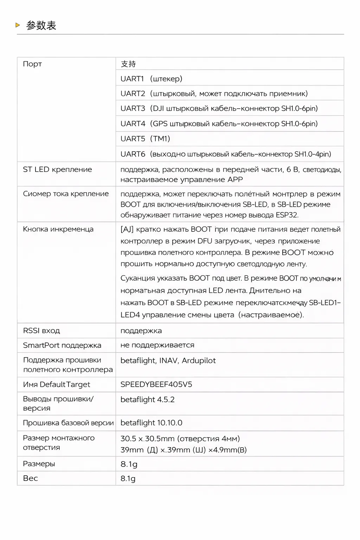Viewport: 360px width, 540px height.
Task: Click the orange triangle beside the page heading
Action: tap(18, 25)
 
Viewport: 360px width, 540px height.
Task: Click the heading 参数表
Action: tap(41, 25)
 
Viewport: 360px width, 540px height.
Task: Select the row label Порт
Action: tap(32, 64)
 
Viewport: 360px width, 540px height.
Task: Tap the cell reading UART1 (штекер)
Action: tap(151, 79)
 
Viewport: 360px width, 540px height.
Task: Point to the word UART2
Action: tap(133, 94)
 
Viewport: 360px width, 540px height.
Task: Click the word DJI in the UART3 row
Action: tap(159, 108)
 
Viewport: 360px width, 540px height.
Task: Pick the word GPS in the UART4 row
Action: tap(160, 124)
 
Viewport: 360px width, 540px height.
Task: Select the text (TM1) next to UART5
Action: tap(160, 139)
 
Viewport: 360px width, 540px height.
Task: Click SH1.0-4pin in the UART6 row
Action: tap(313, 154)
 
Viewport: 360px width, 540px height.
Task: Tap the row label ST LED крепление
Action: tap(57, 169)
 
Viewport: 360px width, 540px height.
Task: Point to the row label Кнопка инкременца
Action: tap(58, 229)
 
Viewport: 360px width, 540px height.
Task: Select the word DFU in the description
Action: tap(205, 241)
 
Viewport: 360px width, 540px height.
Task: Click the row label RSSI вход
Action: tap(41, 331)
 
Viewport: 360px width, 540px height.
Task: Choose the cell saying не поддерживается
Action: tap(157, 345)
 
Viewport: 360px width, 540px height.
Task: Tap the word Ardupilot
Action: tap(199, 361)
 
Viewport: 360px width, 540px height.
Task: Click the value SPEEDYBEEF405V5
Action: tap(156, 385)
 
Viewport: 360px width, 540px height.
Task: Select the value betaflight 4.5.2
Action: tap(147, 400)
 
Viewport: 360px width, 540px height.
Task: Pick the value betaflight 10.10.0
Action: tap(151, 423)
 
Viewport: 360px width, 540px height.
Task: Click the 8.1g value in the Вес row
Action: tap(128, 478)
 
